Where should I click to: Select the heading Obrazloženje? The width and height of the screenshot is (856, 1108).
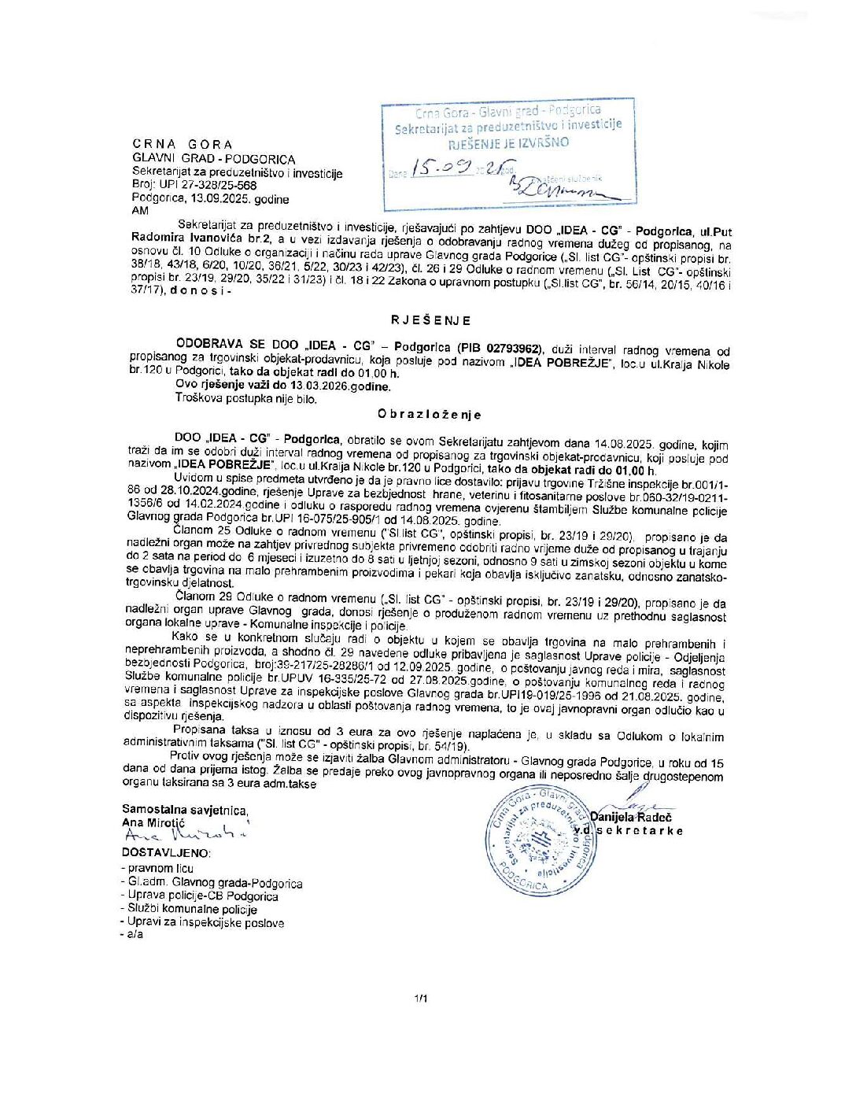tap(429, 414)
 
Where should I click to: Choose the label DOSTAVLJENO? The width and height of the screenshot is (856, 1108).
tap(166, 852)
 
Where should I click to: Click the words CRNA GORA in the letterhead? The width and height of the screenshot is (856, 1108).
tap(183, 145)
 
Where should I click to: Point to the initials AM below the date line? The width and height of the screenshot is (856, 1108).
tap(140, 211)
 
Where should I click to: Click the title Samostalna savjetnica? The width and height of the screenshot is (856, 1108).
tap(185, 810)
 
